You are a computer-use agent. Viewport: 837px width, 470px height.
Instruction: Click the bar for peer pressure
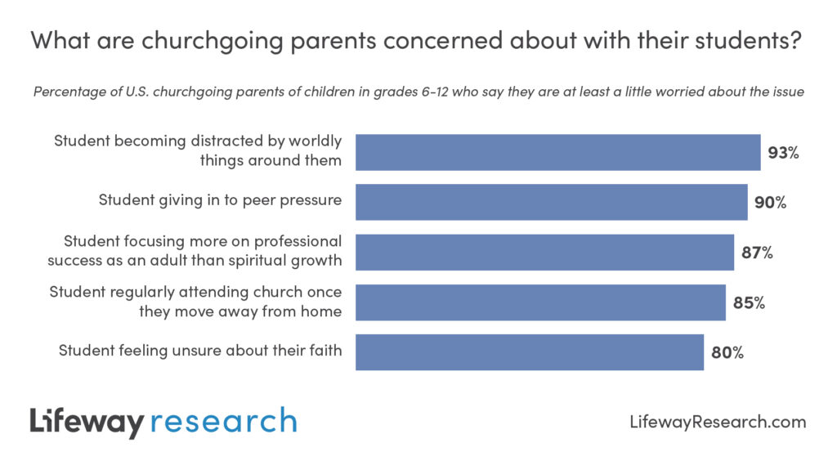click(x=551, y=202)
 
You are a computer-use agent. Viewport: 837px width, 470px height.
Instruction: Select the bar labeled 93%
click(x=557, y=152)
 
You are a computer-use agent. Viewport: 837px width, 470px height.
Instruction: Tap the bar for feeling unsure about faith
click(x=529, y=351)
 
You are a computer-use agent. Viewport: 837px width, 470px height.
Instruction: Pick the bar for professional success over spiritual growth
click(x=544, y=252)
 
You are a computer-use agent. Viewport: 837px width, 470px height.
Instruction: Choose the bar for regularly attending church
click(x=540, y=302)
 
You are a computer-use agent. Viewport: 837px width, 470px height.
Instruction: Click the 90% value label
click(x=770, y=203)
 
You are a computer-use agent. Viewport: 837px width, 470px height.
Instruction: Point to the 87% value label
click(x=757, y=253)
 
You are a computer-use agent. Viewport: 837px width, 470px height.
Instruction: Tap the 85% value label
click(x=749, y=302)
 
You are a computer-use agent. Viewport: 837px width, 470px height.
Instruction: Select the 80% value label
click(x=727, y=352)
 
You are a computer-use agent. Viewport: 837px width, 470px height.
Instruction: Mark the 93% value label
click(x=783, y=153)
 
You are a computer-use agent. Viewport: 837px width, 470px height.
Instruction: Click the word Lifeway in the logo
click(x=87, y=422)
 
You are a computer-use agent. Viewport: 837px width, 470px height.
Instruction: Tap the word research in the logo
click(x=223, y=422)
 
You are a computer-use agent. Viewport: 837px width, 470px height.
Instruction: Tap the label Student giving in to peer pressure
click(x=220, y=199)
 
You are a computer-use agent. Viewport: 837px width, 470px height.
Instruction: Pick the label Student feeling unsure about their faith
click(x=200, y=350)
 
